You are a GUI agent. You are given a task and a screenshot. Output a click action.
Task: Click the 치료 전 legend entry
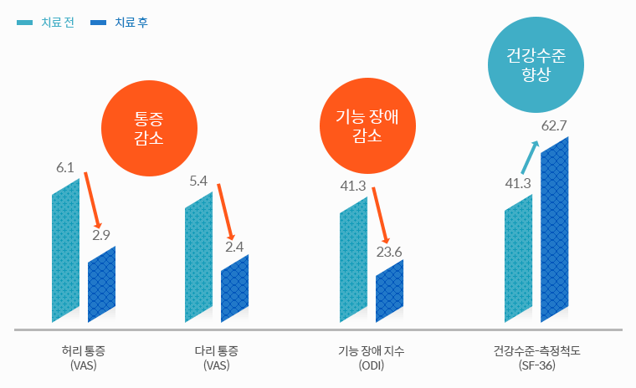[46, 23]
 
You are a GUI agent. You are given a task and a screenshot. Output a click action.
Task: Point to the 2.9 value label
[101, 236]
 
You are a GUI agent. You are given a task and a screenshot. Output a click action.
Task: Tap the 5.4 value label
[198, 181]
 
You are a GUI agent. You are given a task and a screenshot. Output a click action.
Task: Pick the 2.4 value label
[234, 247]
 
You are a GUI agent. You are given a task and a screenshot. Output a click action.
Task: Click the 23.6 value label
[389, 251]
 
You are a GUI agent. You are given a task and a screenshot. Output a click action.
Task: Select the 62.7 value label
[555, 125]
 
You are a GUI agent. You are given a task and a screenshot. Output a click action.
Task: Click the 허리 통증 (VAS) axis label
[84, 357]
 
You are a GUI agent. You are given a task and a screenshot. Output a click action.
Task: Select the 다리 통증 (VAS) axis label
[216, 357]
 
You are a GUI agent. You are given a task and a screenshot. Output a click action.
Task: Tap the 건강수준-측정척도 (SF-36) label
[536, 357]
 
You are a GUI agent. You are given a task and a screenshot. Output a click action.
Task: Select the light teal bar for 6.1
[65, 251]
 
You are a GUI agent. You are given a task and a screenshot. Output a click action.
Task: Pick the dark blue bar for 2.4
[234, 288]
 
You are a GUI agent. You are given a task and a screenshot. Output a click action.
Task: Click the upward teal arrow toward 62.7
[529, 157]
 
